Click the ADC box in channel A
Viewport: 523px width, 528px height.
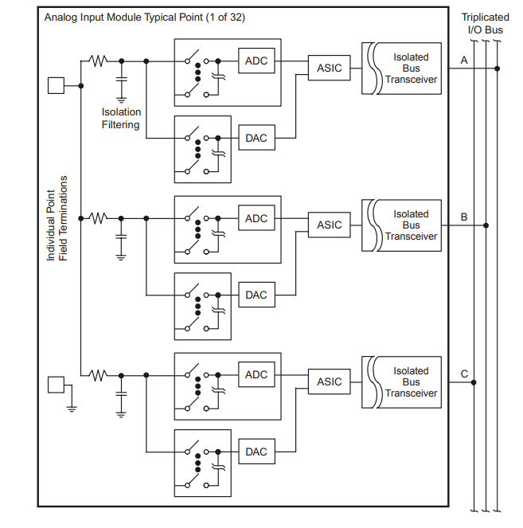[x=256, y=61]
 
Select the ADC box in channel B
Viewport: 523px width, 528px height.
[x=256, y=218]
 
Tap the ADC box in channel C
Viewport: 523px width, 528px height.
[x=256, y=375]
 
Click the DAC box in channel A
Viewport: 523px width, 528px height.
[x=256, y=138]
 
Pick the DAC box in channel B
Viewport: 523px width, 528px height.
[x=256, y=295]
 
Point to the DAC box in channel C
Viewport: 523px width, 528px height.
[x=256, y=452]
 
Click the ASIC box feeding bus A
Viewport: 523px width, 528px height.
[x=329, y=68]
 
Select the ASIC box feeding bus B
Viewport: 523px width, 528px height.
[x=329, y=225]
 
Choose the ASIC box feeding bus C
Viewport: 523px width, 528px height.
[x=329, y=382]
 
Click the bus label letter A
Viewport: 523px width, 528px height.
[x=464, y=60]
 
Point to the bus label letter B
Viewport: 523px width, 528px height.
[x=464, y=217]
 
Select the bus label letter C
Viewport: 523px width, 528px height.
[x=464, y=374]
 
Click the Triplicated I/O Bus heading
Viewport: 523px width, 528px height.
[x=485, y=23]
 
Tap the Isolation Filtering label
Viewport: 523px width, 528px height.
[x=121, y=118]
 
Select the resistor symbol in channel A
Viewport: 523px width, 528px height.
[x=98, y=61]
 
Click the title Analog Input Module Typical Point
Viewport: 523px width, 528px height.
[x=144, y=17]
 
